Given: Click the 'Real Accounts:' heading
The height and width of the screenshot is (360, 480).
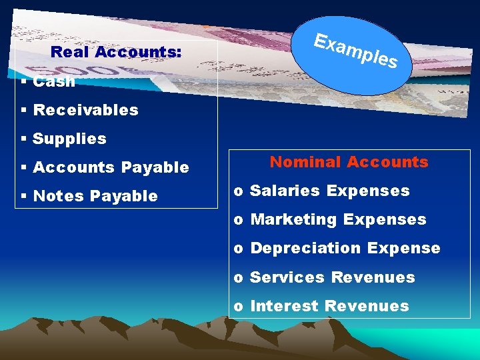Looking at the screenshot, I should pos(116,52).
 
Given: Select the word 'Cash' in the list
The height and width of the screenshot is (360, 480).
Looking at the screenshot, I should pos(54,82).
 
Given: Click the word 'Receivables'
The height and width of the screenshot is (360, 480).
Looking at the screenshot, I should pos(85,110).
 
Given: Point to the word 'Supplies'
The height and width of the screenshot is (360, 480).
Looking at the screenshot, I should pos(69,139).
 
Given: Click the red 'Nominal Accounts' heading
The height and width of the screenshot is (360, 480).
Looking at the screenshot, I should pos(349,162).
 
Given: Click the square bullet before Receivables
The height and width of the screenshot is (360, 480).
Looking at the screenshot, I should pos(23,110).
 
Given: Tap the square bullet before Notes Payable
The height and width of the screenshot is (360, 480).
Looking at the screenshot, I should pos(23,196).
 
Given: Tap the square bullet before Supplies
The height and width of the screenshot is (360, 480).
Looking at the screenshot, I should pos(23,139).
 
